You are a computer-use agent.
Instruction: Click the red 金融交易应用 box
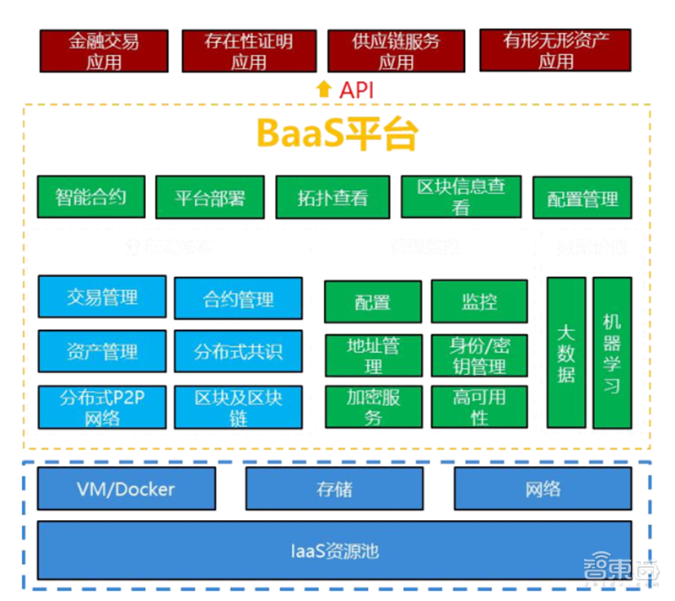104,51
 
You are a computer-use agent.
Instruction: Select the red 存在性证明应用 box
249,51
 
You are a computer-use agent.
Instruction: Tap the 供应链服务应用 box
396,51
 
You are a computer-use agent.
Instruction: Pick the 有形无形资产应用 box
556,51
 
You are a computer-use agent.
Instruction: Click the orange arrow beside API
324,89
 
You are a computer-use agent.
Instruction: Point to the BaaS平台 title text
337,134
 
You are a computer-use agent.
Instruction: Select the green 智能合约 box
91,198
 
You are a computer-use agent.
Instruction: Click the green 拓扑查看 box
332,198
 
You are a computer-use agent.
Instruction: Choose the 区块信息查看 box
461,198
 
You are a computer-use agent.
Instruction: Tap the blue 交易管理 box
102,297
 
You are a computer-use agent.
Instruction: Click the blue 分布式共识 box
238,351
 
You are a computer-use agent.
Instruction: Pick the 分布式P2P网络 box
102,407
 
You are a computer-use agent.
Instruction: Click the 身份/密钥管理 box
479,355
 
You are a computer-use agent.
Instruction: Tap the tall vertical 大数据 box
566,352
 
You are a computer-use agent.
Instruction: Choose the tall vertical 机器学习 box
612,352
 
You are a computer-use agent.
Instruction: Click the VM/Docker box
126,490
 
